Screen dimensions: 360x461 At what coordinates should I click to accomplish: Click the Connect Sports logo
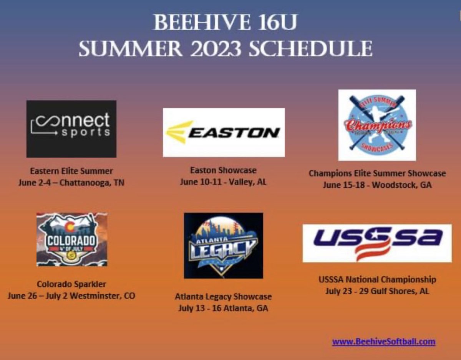click(x=71, y=129)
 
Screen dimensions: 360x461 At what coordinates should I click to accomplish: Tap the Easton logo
click(x=224, y=132)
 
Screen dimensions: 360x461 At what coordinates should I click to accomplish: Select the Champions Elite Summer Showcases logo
click(x=377, y=125)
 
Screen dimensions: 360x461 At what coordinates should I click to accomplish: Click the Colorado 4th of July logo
click(x=72, y=239)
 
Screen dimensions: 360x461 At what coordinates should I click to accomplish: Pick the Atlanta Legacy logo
click(x=223, y=246)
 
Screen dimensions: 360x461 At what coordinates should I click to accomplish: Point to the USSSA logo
click(x=377, y=243)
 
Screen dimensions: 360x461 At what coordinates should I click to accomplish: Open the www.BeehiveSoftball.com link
click(x=383, y=341)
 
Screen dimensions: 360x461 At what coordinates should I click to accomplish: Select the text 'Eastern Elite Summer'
click(x=71, y=171)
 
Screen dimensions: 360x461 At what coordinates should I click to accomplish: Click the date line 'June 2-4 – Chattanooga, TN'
click(x=71, y=183)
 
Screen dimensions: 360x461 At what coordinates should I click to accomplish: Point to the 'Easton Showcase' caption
click(x=223, y=170)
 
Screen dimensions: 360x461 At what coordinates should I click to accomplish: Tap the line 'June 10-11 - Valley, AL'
click(x=223, y=182)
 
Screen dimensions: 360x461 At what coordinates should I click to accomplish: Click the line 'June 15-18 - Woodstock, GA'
click(x=377, y=185)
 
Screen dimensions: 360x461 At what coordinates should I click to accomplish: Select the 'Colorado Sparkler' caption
click(x=71, y=284)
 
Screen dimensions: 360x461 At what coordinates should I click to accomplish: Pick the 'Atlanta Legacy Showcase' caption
click(x=223, y=297)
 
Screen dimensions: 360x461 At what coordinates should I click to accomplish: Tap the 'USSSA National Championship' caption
click(x=377, y=279)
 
